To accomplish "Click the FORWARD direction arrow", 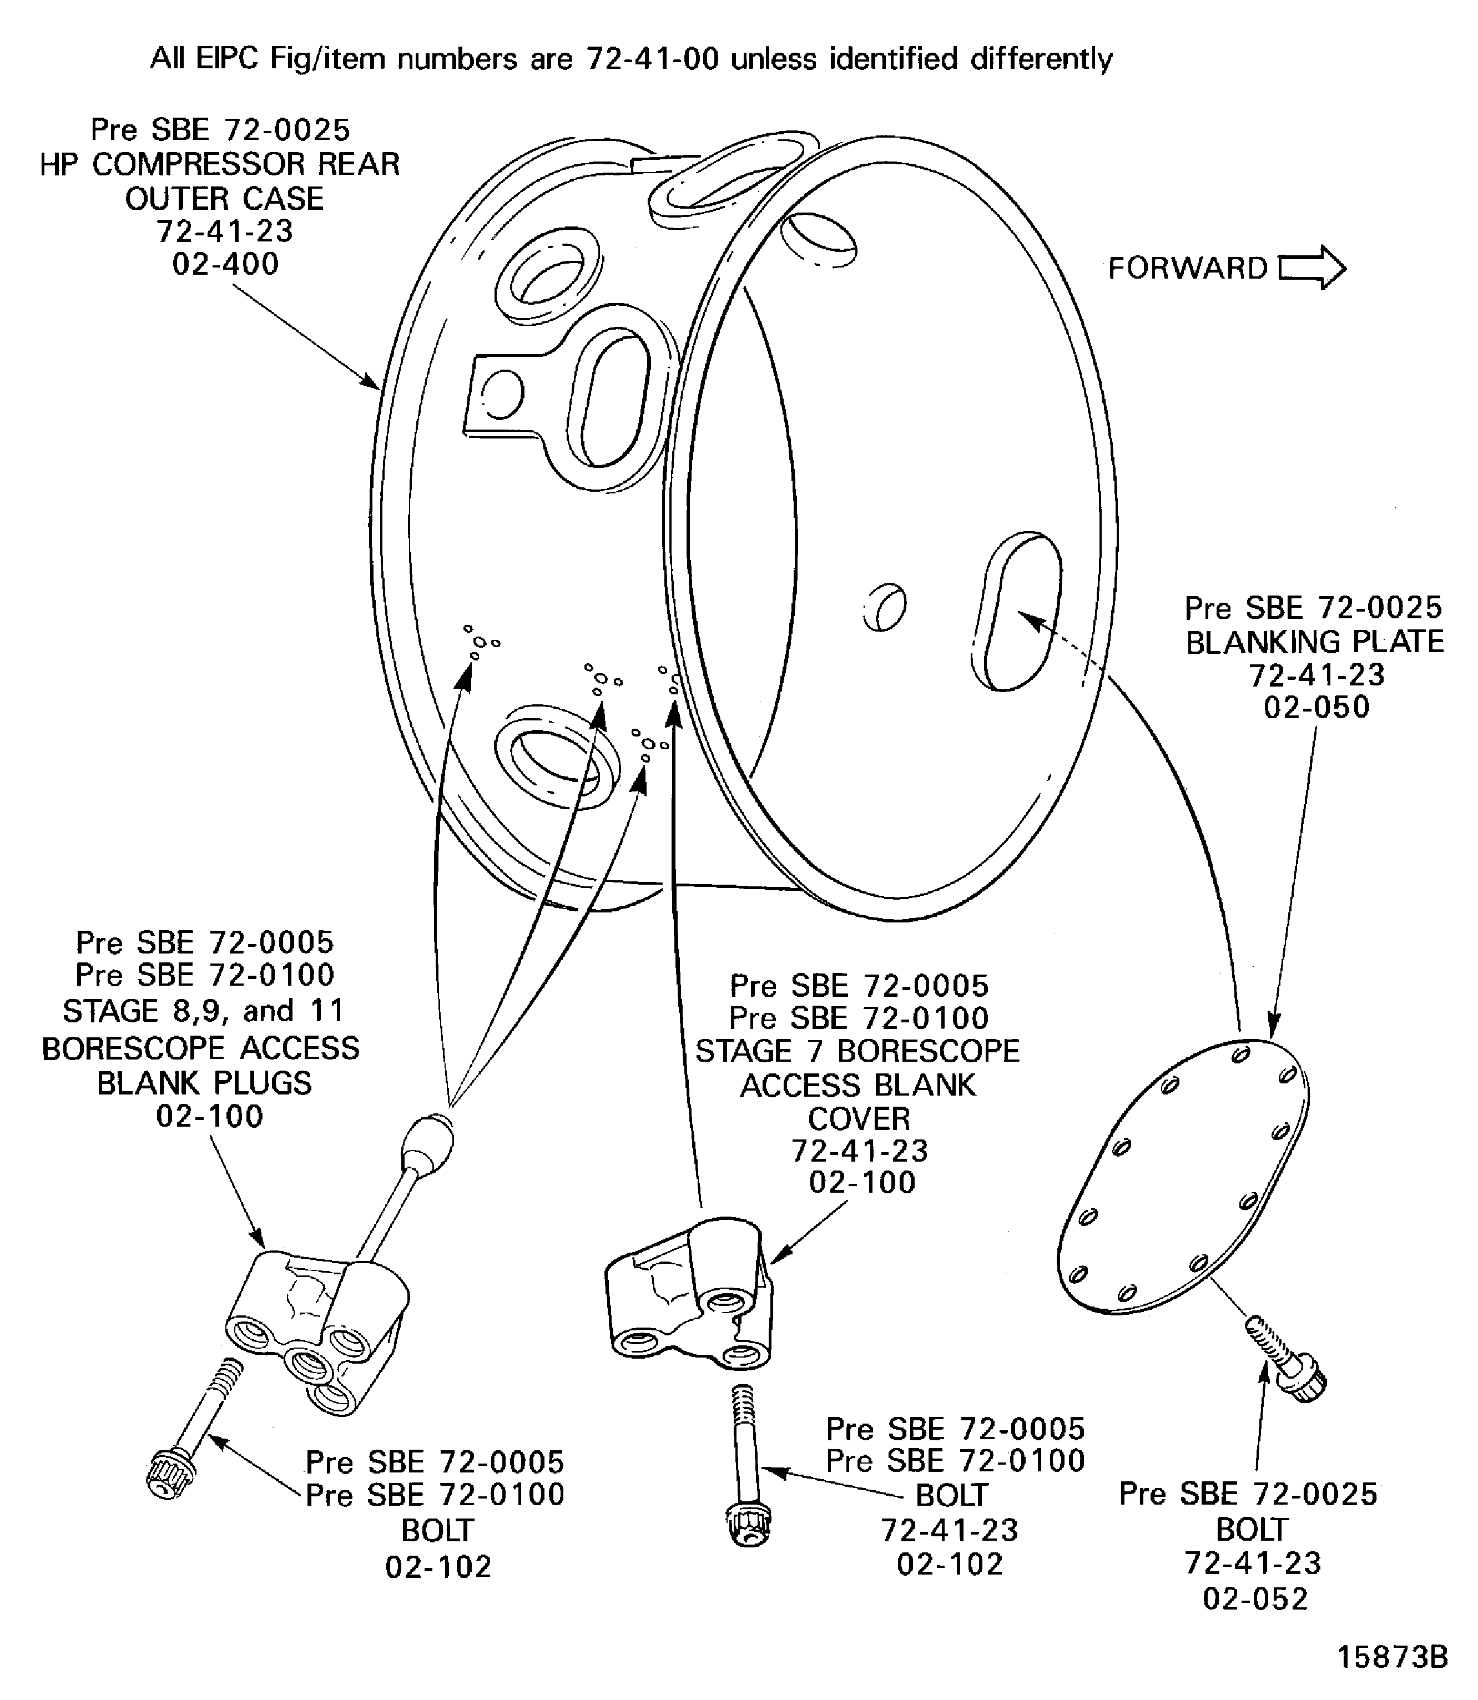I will (x=1311, y=268).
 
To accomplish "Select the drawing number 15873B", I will (x=1391, y=1657).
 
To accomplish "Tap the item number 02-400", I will (x=225, y=264).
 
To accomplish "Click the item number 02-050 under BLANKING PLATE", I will (x=1316, y=707).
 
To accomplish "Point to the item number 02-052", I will (x=1255, y=1600).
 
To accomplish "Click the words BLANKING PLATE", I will (x=1315, y=642).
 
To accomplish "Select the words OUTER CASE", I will (x=224, y=199).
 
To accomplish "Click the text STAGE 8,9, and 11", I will (x=203, y=1011).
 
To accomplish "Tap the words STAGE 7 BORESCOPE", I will (x=857, y=1052).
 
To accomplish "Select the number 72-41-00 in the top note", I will (x=652, y=59).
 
